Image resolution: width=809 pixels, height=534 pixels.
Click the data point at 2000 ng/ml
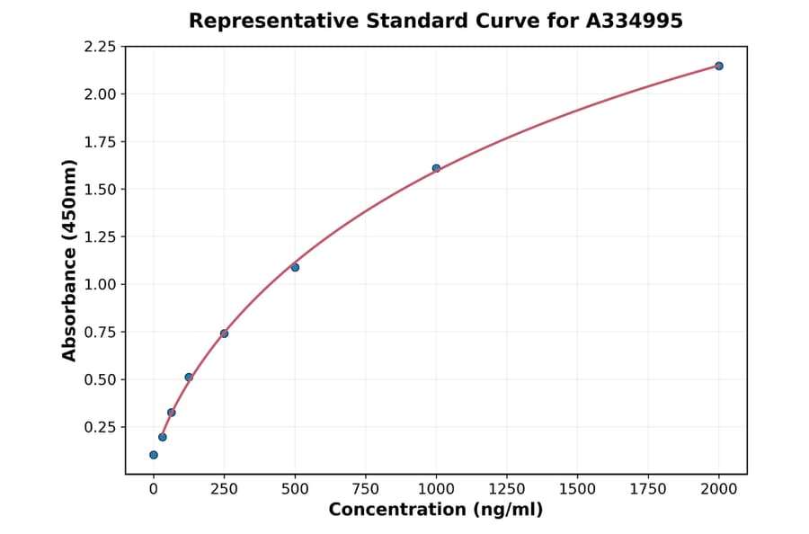pyautogui.click(x=719, y=66)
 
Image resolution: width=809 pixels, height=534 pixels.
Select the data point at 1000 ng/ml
pyautogui.click(x=436, y=168)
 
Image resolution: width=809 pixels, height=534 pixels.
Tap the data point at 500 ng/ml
pyautogui.click(x=295, y=267)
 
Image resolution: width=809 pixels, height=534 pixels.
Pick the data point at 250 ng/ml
pyautogui.click(x=224, y=334)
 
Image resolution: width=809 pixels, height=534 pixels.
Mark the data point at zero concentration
pyautogui.click(x=154, y=455)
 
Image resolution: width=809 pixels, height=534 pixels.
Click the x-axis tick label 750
pyautogui.click(x=365, y=488)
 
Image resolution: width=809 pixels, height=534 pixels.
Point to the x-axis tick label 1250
pyautogui.click(x=507, y=488)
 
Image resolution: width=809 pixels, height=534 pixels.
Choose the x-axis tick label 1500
pyautogui.click(x=577, y=488)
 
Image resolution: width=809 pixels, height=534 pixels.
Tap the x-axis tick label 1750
pyautogui.click(x=648, y=488)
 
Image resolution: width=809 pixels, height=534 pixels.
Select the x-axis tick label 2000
pyautogui.click(x=719, y=488)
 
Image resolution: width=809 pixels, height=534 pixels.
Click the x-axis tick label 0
pyautogui.click(x=154, y=488)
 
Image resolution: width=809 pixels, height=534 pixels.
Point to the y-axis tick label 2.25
pyautogui.click(x=100, y=47)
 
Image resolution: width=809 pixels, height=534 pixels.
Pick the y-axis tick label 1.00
pyautogui.click(x=100, y=284)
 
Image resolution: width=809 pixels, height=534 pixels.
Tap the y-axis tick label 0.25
pyautogui.click(x=100, y=427)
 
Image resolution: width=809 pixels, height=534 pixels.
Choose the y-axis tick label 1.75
pyautogui.click(x=100, y=142)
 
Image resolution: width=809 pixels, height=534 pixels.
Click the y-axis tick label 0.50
pyautogui.click(x=100, y=379)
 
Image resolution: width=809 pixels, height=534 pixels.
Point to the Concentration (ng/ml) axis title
pyautogui.click(x=436, y=510)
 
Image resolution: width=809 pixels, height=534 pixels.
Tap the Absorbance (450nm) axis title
pyautogui.click(x=70, y=260)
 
